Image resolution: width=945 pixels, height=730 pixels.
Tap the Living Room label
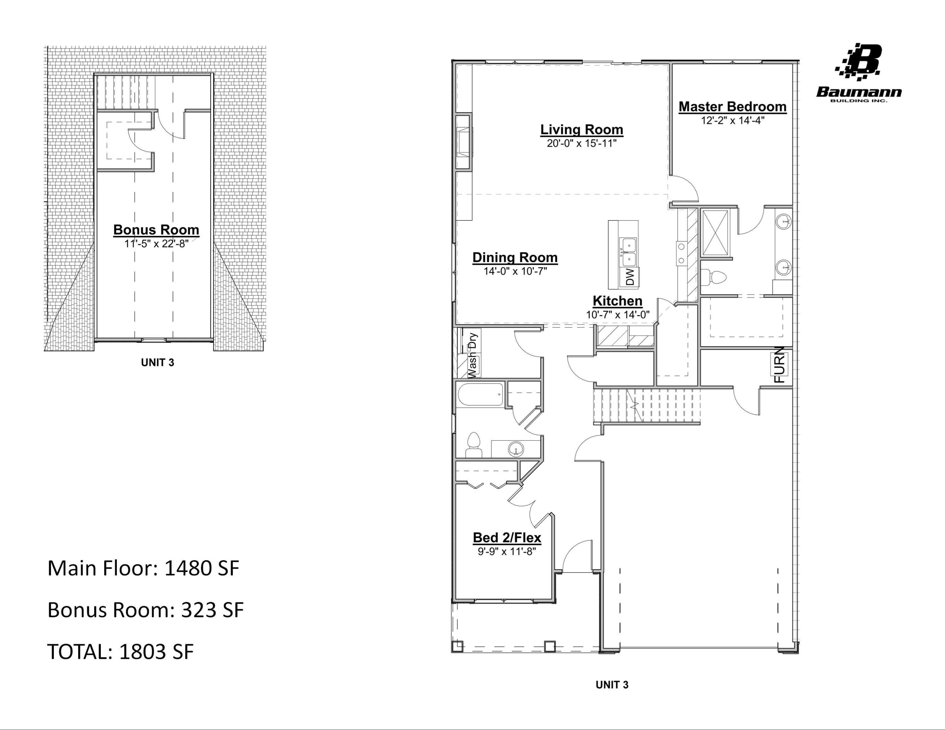581,129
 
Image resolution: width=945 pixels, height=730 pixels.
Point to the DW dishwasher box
630,277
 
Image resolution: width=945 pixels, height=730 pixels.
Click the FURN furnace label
779,365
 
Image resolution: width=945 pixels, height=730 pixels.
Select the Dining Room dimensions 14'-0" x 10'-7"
515,271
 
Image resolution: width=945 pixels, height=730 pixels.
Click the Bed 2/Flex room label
507,538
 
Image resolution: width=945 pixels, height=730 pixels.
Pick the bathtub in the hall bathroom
480,394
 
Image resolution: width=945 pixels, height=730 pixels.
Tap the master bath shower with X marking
715,233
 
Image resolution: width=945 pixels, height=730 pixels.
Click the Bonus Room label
156,230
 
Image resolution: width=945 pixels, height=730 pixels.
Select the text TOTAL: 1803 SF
120,651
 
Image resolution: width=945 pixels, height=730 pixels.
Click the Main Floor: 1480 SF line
143,568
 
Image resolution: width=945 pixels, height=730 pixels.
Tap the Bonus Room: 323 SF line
146,610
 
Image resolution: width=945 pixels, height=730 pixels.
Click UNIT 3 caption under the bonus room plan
157,362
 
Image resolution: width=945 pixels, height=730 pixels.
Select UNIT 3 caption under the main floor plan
612,685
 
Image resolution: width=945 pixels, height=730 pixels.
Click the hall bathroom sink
516,449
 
